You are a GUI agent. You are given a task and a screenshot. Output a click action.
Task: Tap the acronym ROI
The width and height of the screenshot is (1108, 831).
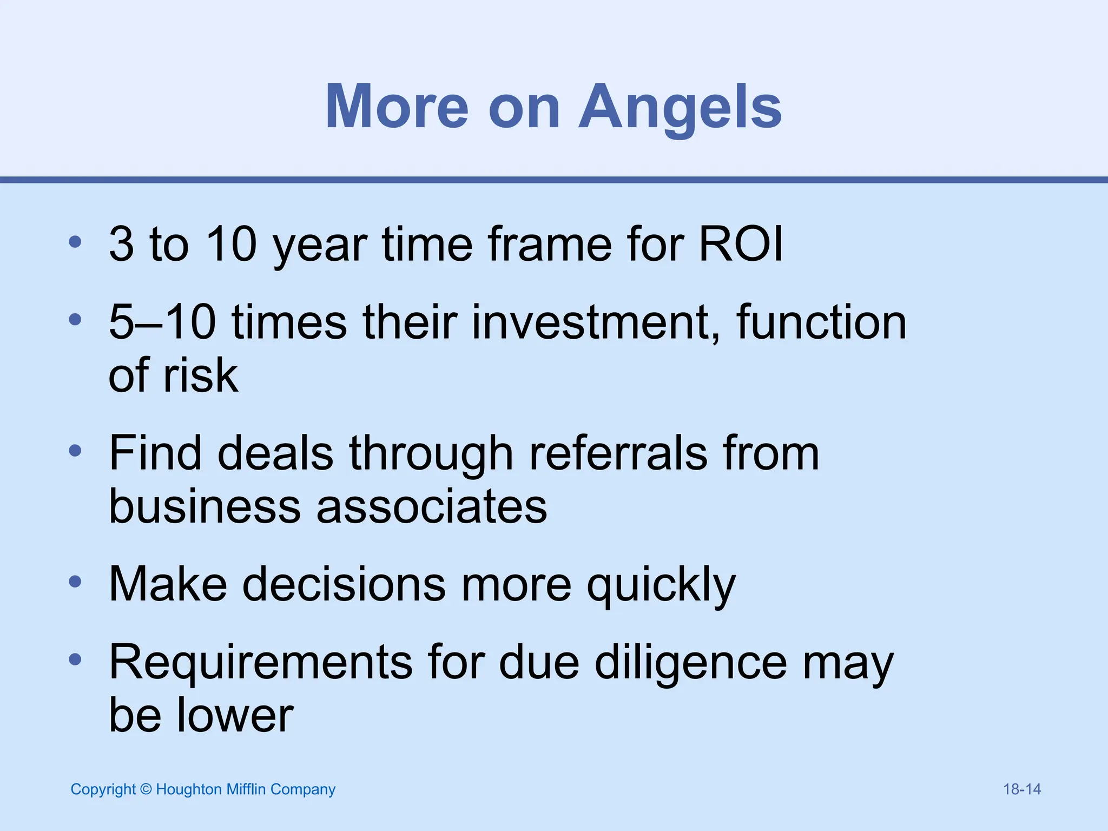coord(741,244)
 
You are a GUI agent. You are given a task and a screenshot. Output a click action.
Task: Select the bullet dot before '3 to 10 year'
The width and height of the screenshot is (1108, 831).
coord(75,242)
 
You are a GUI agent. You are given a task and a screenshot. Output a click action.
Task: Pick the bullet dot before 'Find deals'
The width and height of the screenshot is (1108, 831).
coord(75,451)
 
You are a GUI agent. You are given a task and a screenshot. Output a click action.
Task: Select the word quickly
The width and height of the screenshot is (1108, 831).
coord(661,585)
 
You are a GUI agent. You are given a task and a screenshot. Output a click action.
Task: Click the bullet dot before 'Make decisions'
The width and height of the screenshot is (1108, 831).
coord(75,582)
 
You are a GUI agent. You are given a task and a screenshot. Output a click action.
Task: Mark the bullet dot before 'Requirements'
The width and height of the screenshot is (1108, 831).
coord(75,659)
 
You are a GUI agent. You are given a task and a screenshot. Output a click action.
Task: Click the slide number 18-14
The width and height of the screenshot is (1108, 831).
coord(1022,789)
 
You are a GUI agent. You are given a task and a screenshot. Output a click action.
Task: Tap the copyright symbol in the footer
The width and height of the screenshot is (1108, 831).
coord(146,789)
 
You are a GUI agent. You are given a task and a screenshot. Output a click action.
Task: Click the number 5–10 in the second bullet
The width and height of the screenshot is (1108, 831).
coord(162,322)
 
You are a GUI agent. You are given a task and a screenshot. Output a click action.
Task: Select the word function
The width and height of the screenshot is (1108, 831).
coord(821,322)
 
